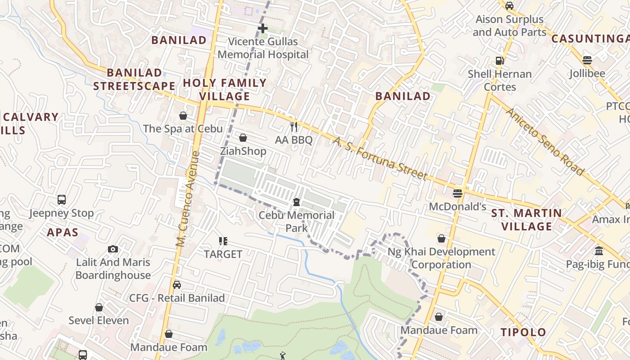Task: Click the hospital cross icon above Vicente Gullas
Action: (x=263, y=28)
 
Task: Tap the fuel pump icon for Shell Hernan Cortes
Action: (x=499, y=60)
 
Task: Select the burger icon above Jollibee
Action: (x=587, y=60)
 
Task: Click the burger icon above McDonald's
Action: (x=458, y=193)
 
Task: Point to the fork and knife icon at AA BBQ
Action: (x=294, y=126)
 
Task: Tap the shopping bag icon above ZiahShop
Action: (x=243, y=138)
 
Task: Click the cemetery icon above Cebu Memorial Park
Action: (x=297, y=202)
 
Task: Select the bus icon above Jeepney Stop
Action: (x=62, y=199)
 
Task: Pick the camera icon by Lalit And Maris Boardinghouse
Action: (x=113, y=249)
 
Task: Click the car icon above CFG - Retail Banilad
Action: (x=177, y=285)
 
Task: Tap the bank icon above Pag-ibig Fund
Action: (x=599, y=251)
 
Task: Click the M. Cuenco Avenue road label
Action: (x=188, y=199)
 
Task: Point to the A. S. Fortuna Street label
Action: (x=380, y=158)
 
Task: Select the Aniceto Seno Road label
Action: (x=544, y=141)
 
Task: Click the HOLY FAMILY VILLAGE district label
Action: (x=225, y=90)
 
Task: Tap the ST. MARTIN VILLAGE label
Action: (x=526, y=220)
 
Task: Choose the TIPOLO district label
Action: (x=523, y=333)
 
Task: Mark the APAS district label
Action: (x=63, y=233)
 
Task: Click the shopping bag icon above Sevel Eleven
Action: (x=99, y=307)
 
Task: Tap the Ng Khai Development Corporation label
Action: (x=441, y=258)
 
